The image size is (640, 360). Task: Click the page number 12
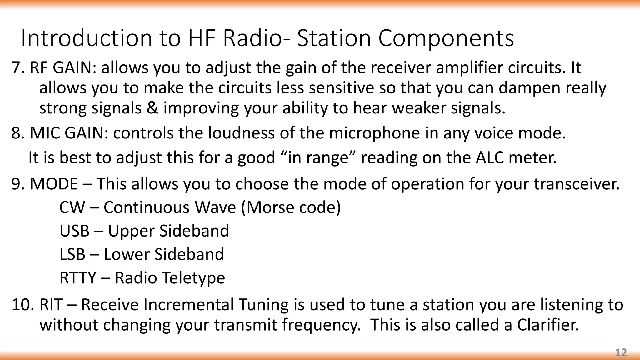point(621,352)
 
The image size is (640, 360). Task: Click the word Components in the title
point(446,38)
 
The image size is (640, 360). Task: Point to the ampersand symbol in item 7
point(152,108)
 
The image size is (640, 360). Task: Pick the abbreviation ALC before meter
point(490,157)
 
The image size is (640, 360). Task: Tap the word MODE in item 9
point(54,184)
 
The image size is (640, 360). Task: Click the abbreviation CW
point(72,207)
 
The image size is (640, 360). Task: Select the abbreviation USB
point(74,231)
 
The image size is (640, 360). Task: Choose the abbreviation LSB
point(72,254)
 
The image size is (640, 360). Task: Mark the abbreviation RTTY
point(78,278)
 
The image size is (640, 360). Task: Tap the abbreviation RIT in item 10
point(51,305)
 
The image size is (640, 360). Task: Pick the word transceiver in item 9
point(577,184)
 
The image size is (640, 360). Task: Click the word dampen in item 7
point(529,88)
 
